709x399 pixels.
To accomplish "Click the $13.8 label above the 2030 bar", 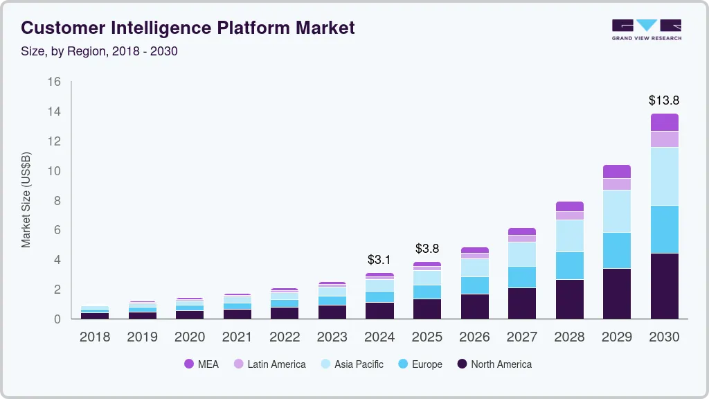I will pyautogui.click(x=663, y=100).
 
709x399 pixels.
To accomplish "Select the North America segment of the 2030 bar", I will pyautogui.click(x=664, y=285).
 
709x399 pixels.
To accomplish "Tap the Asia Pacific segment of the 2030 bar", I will pyautogui.click(x=664, y=176).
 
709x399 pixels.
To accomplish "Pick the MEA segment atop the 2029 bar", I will pyautogui.click(x=616, y=171).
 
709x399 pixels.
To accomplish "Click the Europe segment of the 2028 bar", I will pyautogui.click(x=569, y=265).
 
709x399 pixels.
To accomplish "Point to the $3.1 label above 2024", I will pyautogui.click(x=379, y=260).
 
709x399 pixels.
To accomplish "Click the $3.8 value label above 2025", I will pyautogui.click(x=427, y=249).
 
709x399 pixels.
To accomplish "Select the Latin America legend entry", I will pyautogui.click(x=276, y=364).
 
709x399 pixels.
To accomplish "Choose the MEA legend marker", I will pyautogui.click(x=189, y=364).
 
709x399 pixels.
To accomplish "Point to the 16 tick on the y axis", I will pyautogui.click(x=55, y=82).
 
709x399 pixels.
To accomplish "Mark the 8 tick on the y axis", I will pyautogui.click(x=58, y=201).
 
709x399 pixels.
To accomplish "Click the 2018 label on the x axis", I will pyautogui.click(x=94, y=337).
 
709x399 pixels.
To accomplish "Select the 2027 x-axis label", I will pyautogui.click(x=521, y=337).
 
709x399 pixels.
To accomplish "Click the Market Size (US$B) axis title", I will pyautogui.click(x=26, y=199).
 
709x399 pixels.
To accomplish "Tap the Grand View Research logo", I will pyautogui.click(x=646, y=29).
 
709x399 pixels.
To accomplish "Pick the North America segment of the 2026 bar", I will pyautogui.click(x=474, y=306).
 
